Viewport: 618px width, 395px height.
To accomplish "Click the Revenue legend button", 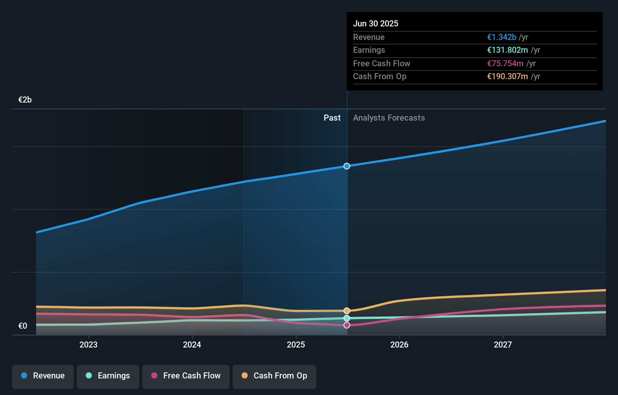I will (43, 376).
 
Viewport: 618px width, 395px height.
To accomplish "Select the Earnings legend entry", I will (108, 376).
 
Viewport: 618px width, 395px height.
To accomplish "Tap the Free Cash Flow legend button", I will (186, 376).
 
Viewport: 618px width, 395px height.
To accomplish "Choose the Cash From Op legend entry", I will (274, 376).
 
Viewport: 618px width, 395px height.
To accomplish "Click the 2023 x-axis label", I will (88, 345).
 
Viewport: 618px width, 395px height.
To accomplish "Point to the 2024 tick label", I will (192, 345).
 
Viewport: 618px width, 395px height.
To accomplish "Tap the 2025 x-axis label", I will (296, 345).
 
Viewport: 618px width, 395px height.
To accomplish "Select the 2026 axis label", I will (399, 345).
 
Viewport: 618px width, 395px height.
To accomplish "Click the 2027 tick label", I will (503, 345).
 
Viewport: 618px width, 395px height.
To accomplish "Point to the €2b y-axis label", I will (25, 100).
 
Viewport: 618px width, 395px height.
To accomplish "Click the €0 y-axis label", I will (23, 326).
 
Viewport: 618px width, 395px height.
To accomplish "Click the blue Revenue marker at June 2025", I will (347, 166).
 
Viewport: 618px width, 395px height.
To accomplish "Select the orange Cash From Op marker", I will (347, 311).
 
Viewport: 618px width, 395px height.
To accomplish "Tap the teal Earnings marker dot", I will (347, 318).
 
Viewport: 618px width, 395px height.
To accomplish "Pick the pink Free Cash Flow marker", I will (347, 325).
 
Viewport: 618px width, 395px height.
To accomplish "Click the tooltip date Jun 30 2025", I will (375, 23).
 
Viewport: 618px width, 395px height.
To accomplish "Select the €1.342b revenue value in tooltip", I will (501, 37).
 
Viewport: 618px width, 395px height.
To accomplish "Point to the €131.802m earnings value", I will (507, 50).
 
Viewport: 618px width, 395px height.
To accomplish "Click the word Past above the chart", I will (332, 118).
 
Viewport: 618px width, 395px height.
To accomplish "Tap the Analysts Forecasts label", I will (389, 118).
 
